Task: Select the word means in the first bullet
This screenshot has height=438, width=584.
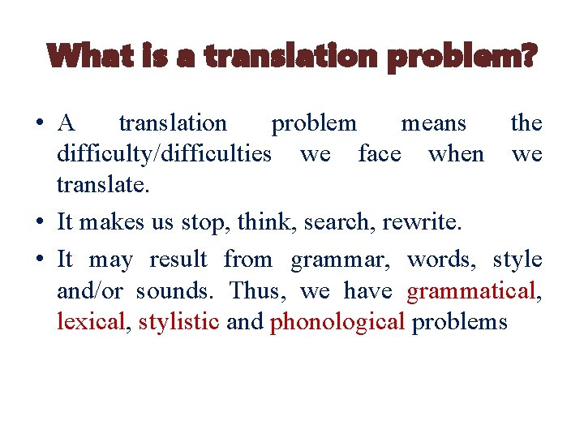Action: (434, 123)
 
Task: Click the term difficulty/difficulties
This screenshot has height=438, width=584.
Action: (164, 154)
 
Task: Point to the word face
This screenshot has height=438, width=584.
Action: (380, 154)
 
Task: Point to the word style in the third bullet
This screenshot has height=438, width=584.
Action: (517, 260)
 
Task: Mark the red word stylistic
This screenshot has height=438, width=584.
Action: (178, 321)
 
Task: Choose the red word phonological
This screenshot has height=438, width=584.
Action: (337, 321)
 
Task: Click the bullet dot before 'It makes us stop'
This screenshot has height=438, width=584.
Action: (40, 221)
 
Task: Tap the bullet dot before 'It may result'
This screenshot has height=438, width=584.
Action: (40, 260)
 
